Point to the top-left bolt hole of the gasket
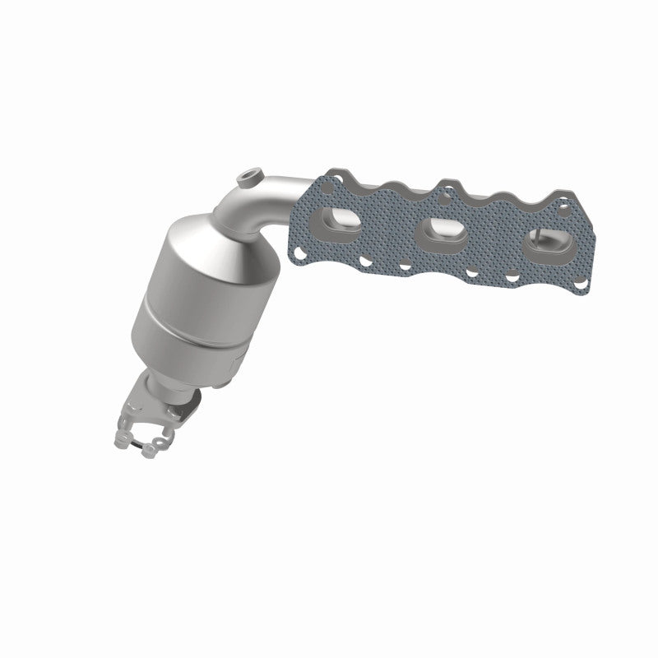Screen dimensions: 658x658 tap(331, 177)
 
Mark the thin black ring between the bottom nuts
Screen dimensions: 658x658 tap(136, 445)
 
